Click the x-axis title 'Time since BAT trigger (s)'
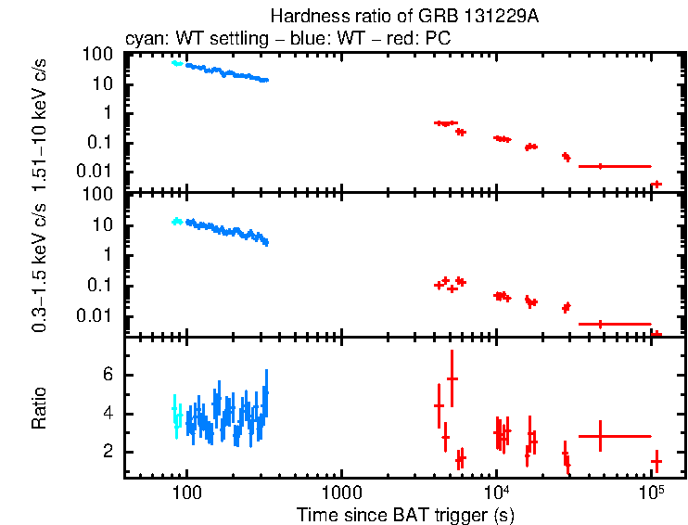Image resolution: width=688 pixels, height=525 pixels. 404,514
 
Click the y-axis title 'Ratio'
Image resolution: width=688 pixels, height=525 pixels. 40,408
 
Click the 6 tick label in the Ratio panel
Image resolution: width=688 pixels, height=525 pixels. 108,375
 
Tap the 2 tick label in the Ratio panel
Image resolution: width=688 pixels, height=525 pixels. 108,452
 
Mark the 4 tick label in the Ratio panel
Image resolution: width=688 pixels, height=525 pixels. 108,414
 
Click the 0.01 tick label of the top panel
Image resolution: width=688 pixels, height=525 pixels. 96,171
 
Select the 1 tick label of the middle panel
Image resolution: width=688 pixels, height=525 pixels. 108,255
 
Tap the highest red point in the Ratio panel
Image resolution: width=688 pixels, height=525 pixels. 452,378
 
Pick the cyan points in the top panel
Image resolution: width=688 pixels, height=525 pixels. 176,63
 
